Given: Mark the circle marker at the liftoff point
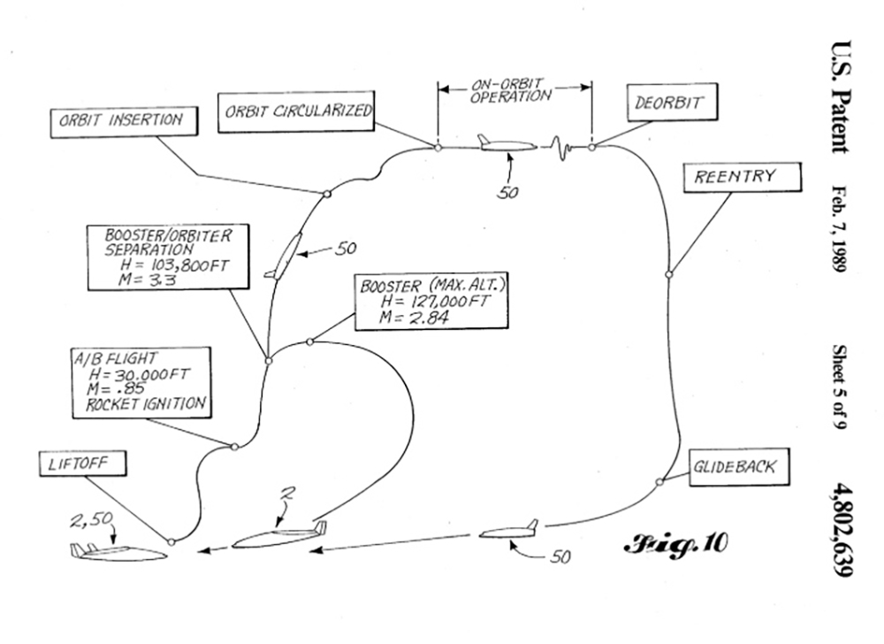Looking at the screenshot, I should [171, 540].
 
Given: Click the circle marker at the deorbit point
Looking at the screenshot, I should [591, 147].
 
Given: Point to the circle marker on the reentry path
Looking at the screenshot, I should [669, 273].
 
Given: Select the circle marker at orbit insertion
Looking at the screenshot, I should [326, 194].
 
